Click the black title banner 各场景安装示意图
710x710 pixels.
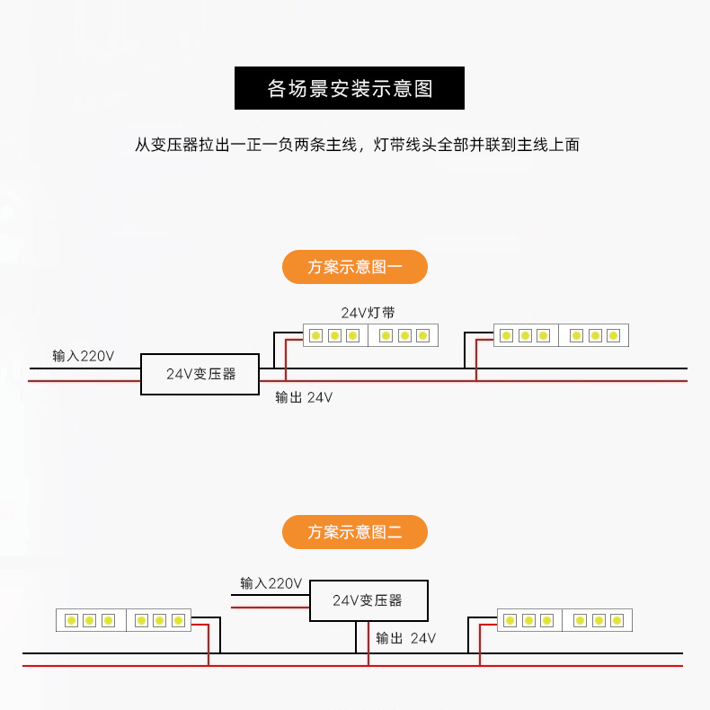[x=350, y=88]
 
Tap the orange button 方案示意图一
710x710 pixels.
[x=354, y=267]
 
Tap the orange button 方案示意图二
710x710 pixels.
[x=354, y=532]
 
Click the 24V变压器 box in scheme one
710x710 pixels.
[x=200, y=374]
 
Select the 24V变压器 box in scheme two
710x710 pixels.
[x=368, y=600]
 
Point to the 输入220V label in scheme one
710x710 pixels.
[x=84, y=356]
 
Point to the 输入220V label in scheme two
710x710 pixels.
[x=271, y=583]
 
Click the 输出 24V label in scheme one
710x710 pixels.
[x=304, y=397]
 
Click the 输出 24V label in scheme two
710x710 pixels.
[x=405, y=638]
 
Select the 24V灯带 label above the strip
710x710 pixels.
[x=368, y=313]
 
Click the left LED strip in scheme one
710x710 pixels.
[x=370, y=335]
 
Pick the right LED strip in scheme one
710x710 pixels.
[x=561, y=335]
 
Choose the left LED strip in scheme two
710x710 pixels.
[x=124, y=620]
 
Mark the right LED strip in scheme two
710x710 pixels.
[x=565, y=620]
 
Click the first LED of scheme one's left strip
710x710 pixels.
[x=315, y=335]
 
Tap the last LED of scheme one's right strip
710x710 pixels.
[x=613, y=335]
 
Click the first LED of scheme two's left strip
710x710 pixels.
[x=70, y=620]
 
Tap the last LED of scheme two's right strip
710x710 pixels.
[x=618, y=620]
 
